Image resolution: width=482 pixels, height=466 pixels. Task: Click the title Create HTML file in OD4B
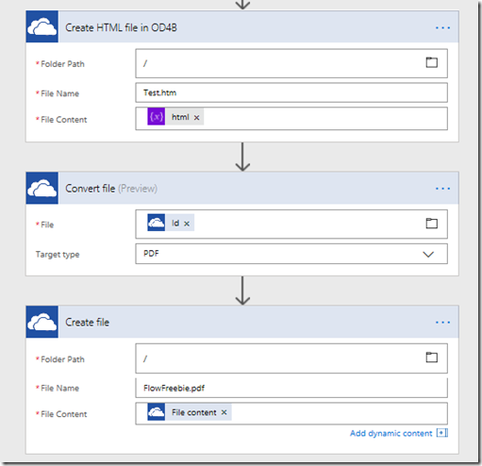[121, 27]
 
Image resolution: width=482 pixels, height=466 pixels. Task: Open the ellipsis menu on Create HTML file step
[442, 28]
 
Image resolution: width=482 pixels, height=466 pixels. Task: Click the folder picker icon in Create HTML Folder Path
[431, 62]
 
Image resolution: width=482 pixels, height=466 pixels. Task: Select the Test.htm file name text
[159, 92]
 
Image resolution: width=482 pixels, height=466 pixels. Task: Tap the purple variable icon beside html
[157, 117]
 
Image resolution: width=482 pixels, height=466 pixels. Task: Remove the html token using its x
[196, 118]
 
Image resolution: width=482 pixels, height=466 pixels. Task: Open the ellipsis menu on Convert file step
[442, 189]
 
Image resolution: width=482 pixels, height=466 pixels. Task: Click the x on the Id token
[187, 224]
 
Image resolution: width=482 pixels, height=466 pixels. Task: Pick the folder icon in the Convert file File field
[431, 224]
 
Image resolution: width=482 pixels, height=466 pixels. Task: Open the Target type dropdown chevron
[428, 254]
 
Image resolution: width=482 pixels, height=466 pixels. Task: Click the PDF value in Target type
[151, 254]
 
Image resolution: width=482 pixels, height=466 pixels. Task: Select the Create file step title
[87, 323]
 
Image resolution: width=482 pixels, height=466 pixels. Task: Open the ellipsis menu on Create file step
[442, 323]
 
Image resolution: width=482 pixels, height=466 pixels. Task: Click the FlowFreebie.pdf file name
[174, 389]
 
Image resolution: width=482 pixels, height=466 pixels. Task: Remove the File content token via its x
[224, 412]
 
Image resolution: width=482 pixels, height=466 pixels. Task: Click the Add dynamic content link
[391, 433]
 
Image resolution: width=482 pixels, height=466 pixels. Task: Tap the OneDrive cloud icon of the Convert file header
[42, 188]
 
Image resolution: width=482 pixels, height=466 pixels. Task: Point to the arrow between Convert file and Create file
[242, 291]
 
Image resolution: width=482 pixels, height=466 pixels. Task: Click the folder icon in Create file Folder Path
[431, 358]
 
